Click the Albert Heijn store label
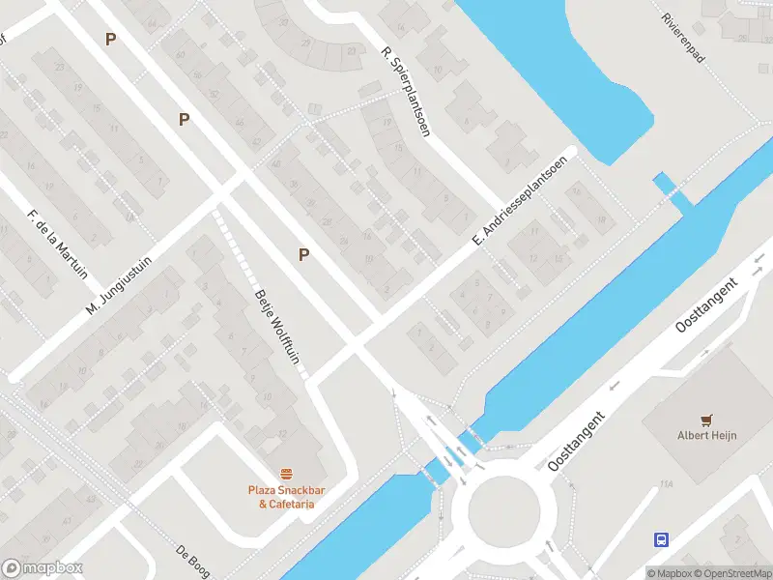pyautogui.click(x=706, y=435)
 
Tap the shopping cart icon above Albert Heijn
pyautogui.click(x=706, y=419)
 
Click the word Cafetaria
pyautogui.click(x=292, y=504)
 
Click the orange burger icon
pyautogui.click(x=286, y=474)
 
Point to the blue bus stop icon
pyautogui.click(x=662, y=539)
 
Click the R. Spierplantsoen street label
pyautogui.click(x=405, y=92)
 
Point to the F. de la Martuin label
pyautogui.click(x=59, y=243)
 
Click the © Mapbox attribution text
pyautogui.click(x=671, y=572)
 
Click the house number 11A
pyautogui.click(x=666, y=483)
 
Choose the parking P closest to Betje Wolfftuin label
pyautogui.click(x=303, y=254)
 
